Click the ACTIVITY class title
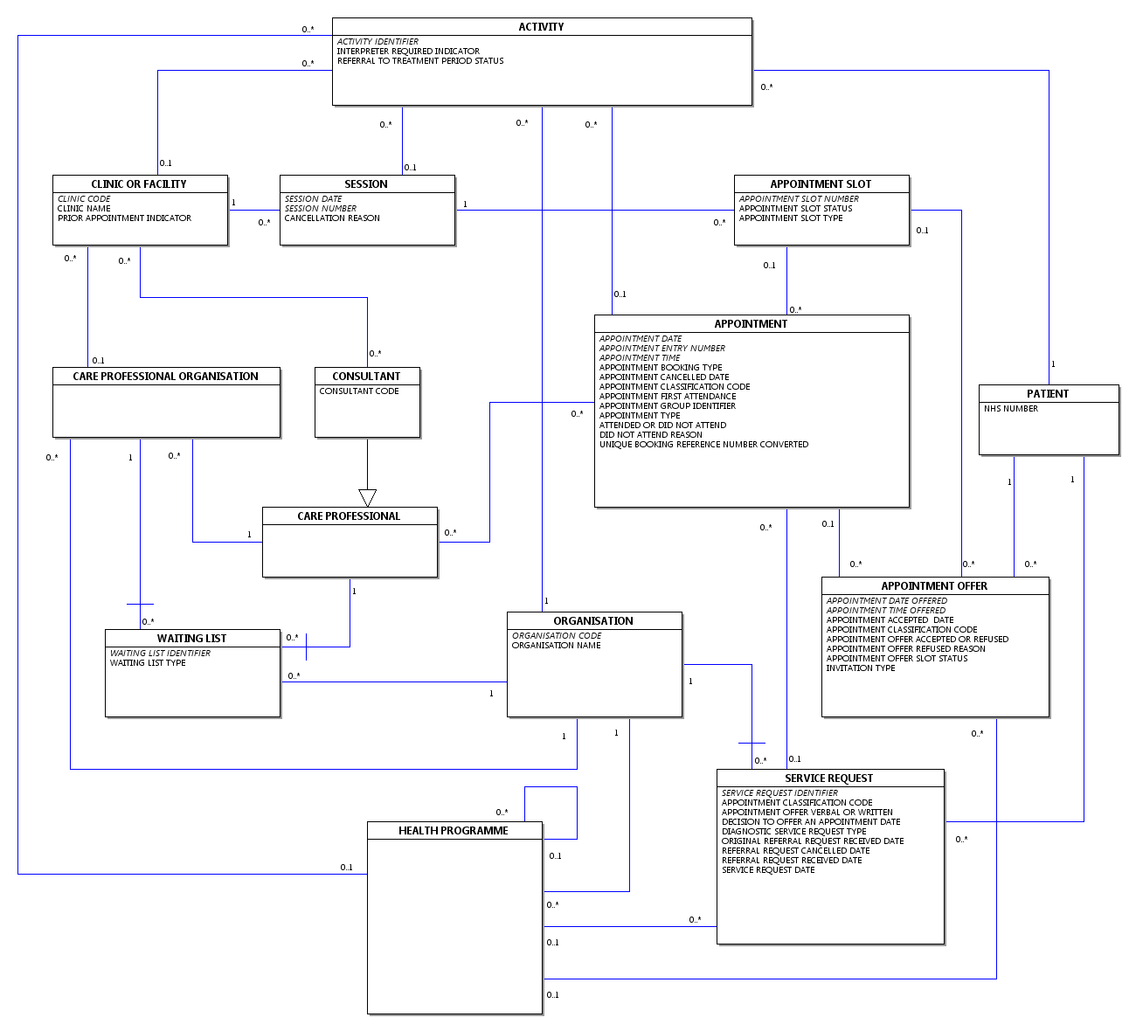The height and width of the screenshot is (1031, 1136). [541, 26]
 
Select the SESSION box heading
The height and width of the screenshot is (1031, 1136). [366, 184]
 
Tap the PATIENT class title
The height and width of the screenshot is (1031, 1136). [1048, 394]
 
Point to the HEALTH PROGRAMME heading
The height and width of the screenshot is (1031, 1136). [453, 830]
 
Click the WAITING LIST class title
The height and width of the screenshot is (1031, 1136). [191, 639]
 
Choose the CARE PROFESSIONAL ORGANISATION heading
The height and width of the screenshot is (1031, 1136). [165, 377]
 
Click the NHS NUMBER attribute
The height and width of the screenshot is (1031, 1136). [1011, 408]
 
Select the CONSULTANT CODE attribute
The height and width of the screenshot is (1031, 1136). [359, 391]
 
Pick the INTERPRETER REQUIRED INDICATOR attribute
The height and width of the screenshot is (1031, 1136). [408, 51]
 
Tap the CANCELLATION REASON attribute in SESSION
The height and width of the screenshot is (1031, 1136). [332, 218]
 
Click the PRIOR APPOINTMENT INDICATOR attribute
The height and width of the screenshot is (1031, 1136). [125, 218]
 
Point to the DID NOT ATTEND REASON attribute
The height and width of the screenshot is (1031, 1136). [651, 434]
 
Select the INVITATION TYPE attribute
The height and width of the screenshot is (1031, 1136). [860, 668]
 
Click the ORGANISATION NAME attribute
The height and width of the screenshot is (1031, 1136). [556, 645]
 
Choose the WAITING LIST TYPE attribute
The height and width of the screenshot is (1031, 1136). [148, 663]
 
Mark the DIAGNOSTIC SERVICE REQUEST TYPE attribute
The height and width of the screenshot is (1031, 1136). [794, 831]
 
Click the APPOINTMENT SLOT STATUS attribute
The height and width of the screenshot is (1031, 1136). [796, 209]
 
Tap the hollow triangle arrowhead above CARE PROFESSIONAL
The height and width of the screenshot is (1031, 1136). [368, 498]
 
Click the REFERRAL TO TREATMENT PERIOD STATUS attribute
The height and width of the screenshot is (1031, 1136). [420, 60]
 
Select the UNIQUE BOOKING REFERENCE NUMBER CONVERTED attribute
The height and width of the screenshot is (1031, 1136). [704, 444]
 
